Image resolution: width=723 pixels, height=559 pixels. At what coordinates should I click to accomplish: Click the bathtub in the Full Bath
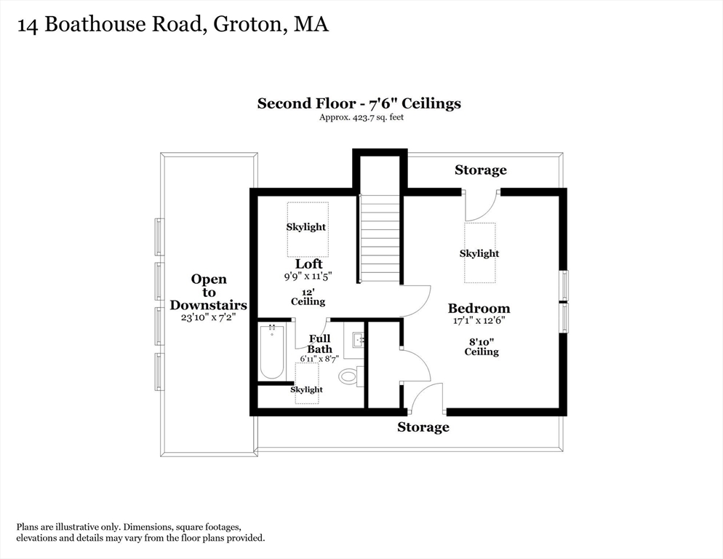pyautogui.click(x=271, y=352)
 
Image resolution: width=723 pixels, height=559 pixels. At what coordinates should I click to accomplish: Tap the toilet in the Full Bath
pyautogui.click(x=351, y=376)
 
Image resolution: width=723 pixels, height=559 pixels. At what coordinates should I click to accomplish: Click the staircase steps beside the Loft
pyautogui.click(x=380, y=238)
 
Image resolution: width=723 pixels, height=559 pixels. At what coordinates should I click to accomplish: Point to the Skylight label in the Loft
pyautogui.click(x=305, y=227)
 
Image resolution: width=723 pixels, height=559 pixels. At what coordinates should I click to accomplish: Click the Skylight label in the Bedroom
pyautogui.click(x=479, y=253)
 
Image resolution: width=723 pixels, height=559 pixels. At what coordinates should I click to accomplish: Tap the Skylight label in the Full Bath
pyautogui.click(x=306, y=389)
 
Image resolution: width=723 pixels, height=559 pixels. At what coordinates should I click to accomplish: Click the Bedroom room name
pyautogui.click(x=479, y=309)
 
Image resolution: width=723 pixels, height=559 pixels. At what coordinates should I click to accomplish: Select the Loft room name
pyautogui.click(x=308, y=264)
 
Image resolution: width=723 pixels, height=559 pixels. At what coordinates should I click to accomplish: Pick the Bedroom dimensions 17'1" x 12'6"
pyautogui.click(x=479, y=320)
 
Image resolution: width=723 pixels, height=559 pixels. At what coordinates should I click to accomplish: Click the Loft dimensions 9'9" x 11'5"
pyautogui.click(x=308, y=277)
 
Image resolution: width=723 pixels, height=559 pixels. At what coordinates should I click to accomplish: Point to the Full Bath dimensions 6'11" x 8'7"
pyautogui.click(x=319, y=359)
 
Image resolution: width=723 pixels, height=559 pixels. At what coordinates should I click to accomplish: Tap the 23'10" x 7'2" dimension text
pyautogui.click(x=209, y=317)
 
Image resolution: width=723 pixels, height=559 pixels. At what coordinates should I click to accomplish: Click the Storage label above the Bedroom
pyautogui.click(x=481, y=170)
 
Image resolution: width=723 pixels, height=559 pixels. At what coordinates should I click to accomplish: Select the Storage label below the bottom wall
pyautogui.click(x=423, y=427)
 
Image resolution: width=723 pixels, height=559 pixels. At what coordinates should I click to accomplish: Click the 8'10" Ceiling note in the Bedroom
pyautogui.click(x=482, y=346)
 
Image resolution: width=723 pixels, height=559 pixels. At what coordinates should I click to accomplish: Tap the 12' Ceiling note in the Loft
pyautogui.click(x=308, y=297)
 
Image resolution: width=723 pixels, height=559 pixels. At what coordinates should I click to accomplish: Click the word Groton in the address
pyautogui.click(x=247, y=24)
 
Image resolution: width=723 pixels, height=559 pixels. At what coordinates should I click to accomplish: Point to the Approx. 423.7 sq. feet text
pyautogui.click(x=361, y=117)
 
